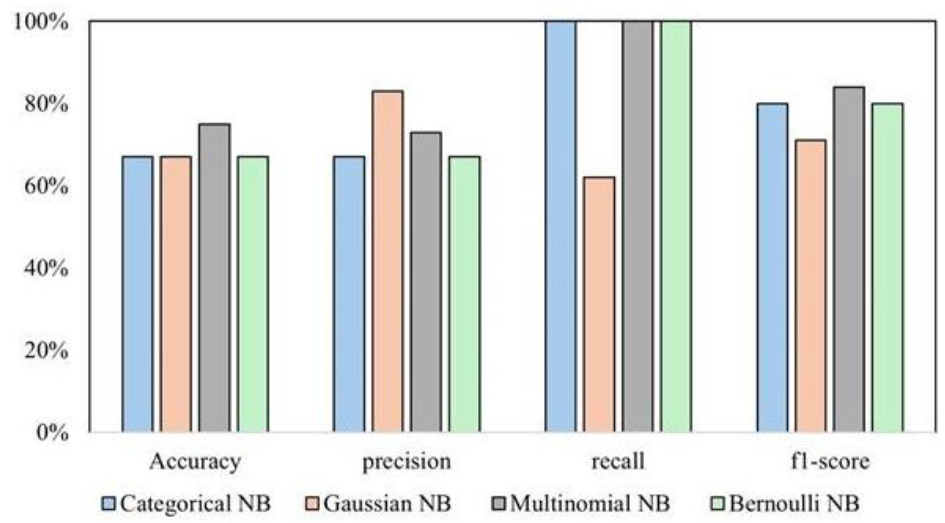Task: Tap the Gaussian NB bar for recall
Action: pyautogui.click(x=599, y=304)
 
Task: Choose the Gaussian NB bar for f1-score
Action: pyautogui.click(x=811, y=285)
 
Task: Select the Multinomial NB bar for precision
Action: pyautogui.click(x=426, y=282)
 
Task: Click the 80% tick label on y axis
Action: pyautogui.click(x=46, y=104)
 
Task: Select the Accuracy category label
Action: pyautogui.click(x=195, y=461)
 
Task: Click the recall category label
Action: pyautogui.click(x=618, y=461)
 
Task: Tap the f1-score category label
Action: pyautogui.click(x=830, y=461)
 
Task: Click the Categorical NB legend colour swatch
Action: pyautogui.click(x=109, y=504)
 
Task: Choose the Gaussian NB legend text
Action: pyautogui.click(x=387, y=504)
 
